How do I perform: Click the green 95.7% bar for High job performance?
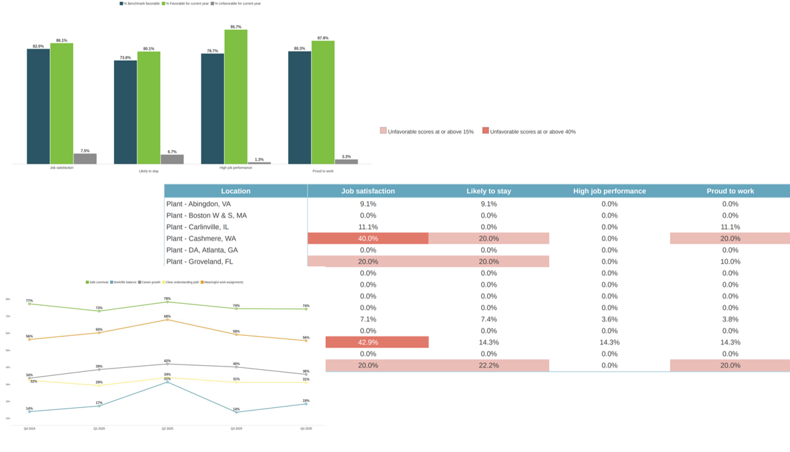pyautogui.click(x=236, y=97)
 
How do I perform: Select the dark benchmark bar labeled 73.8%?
pyautogui.click(x=125, y=112)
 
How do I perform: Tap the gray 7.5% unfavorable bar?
pyautogui.click(x=85, y=159)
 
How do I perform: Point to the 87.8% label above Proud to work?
pyautogui.click(x=323, y=38)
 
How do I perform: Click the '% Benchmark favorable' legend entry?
pyautogui.click(x=140, y=3)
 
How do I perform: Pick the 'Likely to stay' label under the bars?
pyautogui.click(x=148, y=171)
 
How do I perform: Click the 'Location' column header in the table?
pyautogui.click(x=236, y=191)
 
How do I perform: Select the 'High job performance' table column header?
pyautogui.click(x=609, y=191)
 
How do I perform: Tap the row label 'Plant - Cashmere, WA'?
pyautogui.click(x=201, y=238)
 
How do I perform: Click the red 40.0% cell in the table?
pyautogui.click(x=368, y=238)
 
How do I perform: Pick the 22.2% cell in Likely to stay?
pyautogui.click(x=488, y=365)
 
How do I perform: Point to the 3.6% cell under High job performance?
pyautogui.click(x=609, y=319)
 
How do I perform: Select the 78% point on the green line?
pyautogui.click(x=167, y=302)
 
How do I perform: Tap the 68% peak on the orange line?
pyautogui.click(x=167, y=320)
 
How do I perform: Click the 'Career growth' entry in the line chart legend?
pyautogui.click(x=149, y=282)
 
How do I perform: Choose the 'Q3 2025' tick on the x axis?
pyautogui.click(x=236, y=429)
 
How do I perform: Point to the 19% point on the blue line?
pyautogui.click(x=306, y=404)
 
